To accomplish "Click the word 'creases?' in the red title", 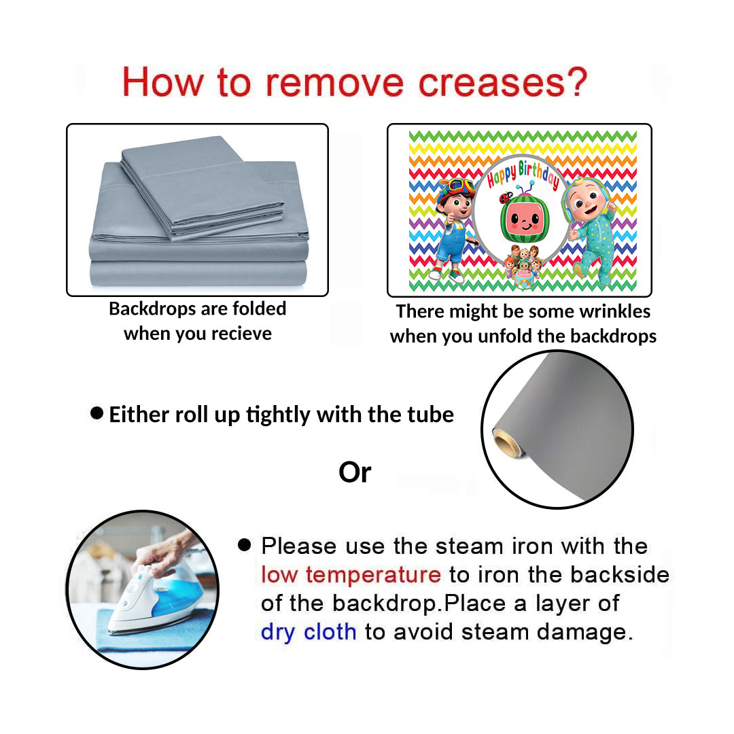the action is pyautogui.click(x=502, y=82).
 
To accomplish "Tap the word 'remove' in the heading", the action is pyautogui.click(x=334, y=83).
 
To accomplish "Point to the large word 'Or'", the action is pyautogui.click(x=355, y=472).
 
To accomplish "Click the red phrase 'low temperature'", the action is pyautogui.click(x=351, y=574).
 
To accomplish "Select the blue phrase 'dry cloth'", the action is pyautogui.click(x=309, y=631).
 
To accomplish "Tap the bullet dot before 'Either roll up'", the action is pyautogui.click(x=97, y=413).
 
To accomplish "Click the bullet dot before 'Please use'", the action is pyautogui.click(x=245, y=544).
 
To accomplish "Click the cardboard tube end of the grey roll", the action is pyautogui.click(x=506, y=442).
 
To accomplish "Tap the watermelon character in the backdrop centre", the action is pyautogui.click(x=525, y=219).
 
